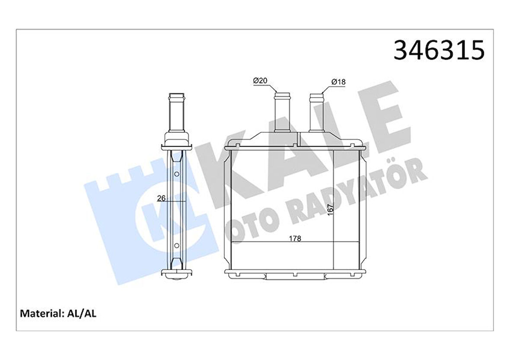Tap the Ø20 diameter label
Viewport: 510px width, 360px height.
[x=261, y=81]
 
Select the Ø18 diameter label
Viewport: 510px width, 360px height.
[x=338, y=81]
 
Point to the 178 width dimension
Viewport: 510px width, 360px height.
[x=295, y=238]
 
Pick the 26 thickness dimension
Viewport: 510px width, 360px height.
[x=162, y=198]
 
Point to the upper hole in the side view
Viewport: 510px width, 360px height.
[x=176, y=174]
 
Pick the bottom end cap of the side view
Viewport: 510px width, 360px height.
[x=176, y=275]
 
